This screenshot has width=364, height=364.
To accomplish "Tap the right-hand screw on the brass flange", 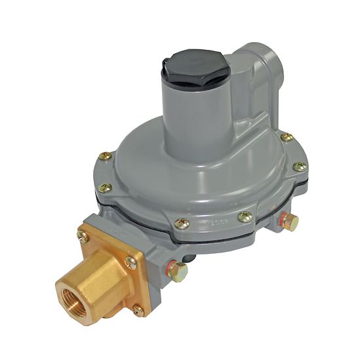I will [x=131, y=263].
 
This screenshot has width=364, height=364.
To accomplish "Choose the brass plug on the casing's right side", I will [x=289, y=222].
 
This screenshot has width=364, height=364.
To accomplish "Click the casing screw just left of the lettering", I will [x=183, y=224].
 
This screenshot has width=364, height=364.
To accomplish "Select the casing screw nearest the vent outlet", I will [x=287, y=137].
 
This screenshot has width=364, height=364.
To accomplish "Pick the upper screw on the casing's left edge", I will [x=106, y=156].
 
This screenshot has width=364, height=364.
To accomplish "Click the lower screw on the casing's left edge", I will [x=105, y=188].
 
